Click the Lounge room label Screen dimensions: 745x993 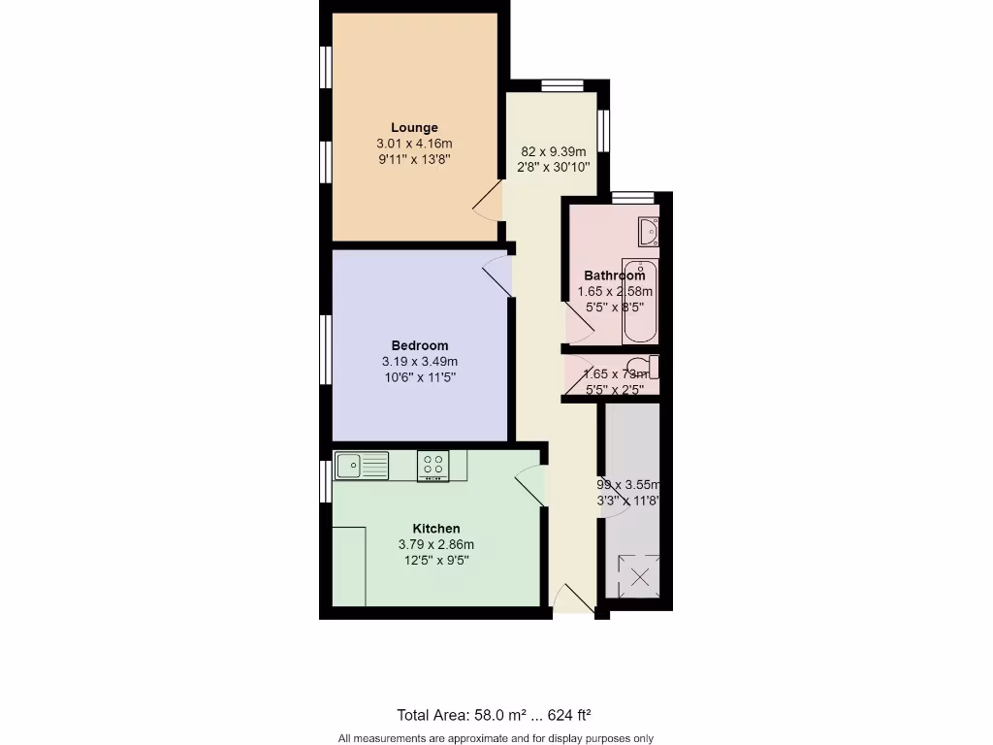click(x=414, y=127)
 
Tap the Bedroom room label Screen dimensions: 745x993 click(x=419, y=345)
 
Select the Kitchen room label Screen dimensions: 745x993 click(x=435, y=529)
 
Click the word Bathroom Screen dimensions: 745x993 click(x=614, y=275)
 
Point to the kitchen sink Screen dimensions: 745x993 click(x=361, y=466)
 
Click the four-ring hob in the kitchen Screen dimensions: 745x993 click(x=433, y=467)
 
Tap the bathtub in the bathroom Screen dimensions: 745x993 click(x=640, y=302)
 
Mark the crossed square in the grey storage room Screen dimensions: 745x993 click(x=640, y=576)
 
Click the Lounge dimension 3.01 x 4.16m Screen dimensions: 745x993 click(x=414, y=144)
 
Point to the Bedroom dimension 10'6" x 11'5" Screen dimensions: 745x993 click(x=419, y=377)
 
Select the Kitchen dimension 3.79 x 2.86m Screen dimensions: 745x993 click(x=435, y=545)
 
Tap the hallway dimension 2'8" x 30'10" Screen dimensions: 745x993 click(x=553, y=167)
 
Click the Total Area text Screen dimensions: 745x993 click(x=494, y=715)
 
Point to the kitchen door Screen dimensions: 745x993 click(x=529, y=484)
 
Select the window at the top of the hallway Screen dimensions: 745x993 click(x=561, y=85)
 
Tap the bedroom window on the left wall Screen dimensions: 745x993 click(x=327, y=346)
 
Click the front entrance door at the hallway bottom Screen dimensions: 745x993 click(x=572, y=599)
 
